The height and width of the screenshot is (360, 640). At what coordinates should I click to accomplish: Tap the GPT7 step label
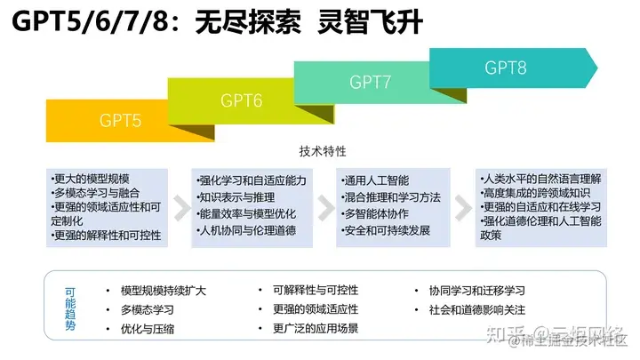coord(371,83)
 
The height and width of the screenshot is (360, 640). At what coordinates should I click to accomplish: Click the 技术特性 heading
coord(324,151)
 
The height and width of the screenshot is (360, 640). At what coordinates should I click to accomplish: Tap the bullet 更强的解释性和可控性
coord(105,235)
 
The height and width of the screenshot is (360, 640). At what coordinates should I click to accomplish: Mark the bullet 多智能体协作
coord(376,214)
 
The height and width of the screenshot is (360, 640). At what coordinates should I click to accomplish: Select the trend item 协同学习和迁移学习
coord(476,291)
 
